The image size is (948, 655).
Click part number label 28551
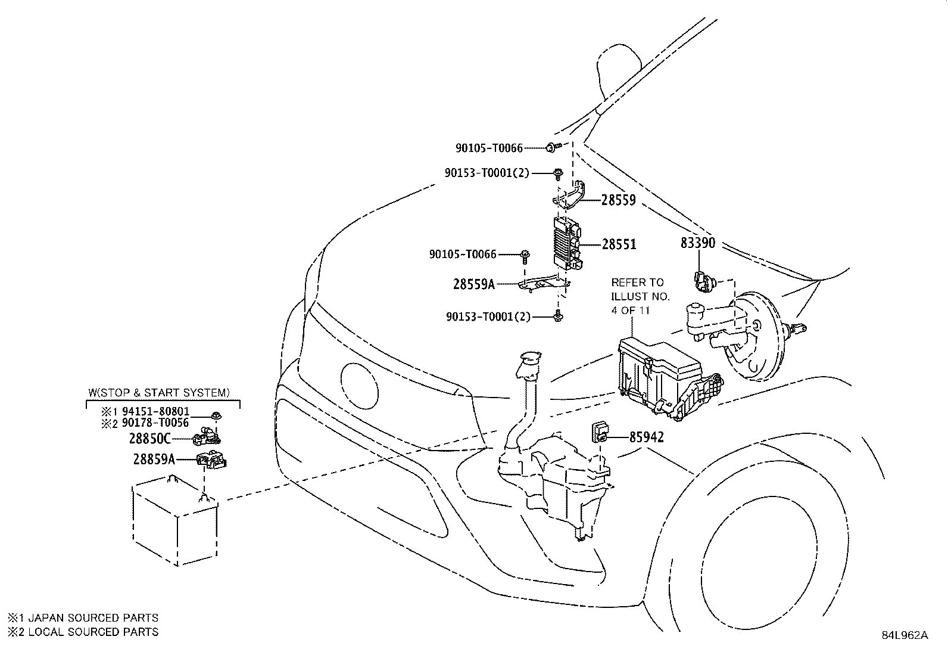click(619, 244)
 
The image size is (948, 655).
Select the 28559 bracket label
click(618, 200)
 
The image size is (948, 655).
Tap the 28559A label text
click(473, 284)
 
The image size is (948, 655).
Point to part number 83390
click(698, 243)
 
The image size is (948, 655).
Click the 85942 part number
click(646, 437)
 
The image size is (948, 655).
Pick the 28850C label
click(149, 440)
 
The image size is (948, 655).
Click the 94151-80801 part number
click(155, 412)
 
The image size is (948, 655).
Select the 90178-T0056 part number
click(155, 423)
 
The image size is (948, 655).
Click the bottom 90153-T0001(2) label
click(488, 317)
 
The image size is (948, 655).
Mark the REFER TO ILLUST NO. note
click(640, 296)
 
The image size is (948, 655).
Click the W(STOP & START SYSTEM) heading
click(158, 393)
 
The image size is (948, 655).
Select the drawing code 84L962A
click(905, 635)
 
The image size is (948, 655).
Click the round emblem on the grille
click(359, 381)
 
